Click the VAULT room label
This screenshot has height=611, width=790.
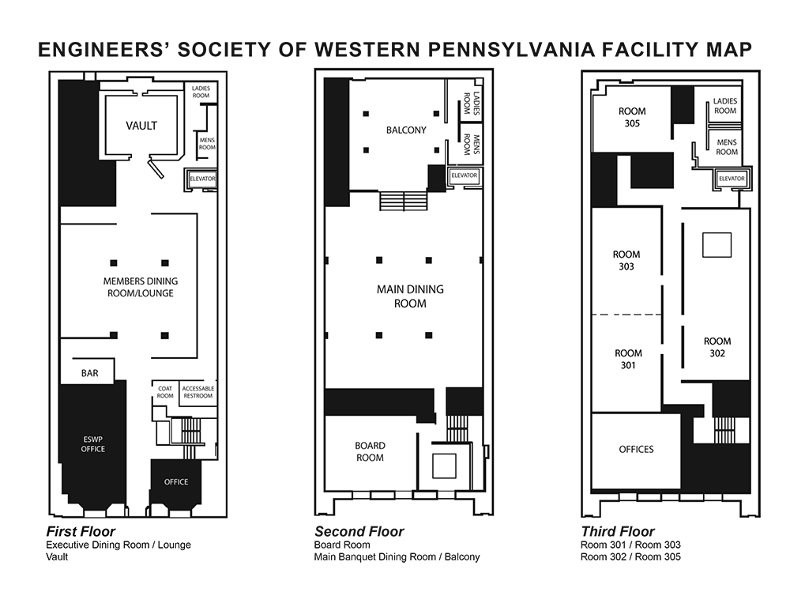[x=141, y=126]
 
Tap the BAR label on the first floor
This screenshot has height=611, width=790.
[x=90, y=373]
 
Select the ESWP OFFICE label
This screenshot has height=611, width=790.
[x=93, y=444]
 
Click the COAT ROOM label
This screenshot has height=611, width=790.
[x=165, y=392]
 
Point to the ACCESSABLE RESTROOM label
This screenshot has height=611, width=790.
[x=198, y=392]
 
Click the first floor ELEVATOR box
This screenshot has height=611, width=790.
[x=202, y=179]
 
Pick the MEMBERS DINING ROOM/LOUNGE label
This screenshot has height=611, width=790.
[x=141, y=288]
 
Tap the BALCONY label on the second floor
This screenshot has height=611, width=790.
[x=406, y=130]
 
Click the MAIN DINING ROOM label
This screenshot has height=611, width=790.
[x=410, y=296]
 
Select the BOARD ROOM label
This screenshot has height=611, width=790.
[x=370, y=451]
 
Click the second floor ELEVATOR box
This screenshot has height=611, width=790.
[x=464, y=175]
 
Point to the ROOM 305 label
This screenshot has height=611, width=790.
[x=632, y=117]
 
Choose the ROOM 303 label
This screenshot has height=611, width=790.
[x=626, y=260]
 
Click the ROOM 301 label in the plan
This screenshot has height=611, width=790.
[x=628, y=359]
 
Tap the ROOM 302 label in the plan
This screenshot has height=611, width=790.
[x=717, y=347]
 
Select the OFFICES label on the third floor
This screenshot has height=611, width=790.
[x=636, y=449]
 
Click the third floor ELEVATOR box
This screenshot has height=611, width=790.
[x=732, y=179]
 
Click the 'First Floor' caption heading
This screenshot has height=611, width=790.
[x=81, y=531]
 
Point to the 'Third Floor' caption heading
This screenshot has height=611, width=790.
[x=618, y=531]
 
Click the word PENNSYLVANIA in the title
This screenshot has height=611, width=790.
[x=509, y=50]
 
